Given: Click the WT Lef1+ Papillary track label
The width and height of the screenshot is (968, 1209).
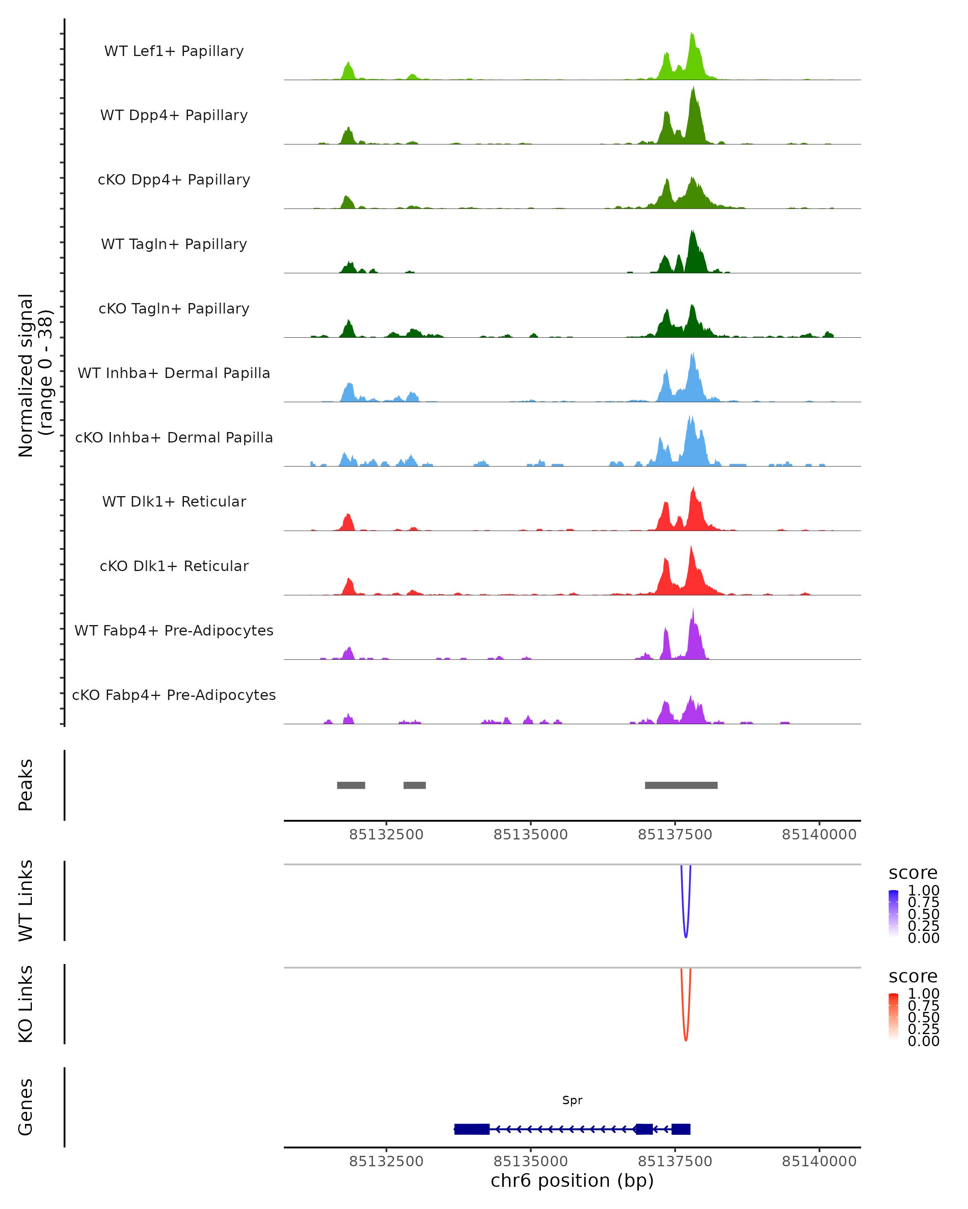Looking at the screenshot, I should click(x=174, y=51).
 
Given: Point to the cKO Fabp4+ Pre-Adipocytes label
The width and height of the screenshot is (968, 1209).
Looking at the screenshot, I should click(x=174, y=695).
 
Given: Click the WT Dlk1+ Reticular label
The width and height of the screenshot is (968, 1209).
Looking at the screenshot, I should click(x=174, y=501).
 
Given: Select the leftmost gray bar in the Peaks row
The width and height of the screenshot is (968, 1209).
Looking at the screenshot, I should click(x=351, y=785).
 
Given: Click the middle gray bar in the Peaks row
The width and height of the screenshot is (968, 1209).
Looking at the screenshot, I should click(x=414, y=785).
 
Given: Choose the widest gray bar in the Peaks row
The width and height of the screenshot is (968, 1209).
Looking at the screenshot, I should click(x=681, y=785).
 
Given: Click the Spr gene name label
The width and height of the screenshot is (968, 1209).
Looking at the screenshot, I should click(x=572, y=1100).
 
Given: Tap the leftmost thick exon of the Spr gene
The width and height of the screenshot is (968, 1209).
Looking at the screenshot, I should click(x=471, y=1129).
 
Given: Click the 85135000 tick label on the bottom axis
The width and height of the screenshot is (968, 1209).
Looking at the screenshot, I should click(x=530, y=1161).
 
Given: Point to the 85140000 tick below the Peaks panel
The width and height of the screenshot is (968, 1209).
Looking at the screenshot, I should click(x=819, y=835).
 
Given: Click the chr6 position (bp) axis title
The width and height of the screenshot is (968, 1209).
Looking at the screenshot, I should click(x=572, y=1180).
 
